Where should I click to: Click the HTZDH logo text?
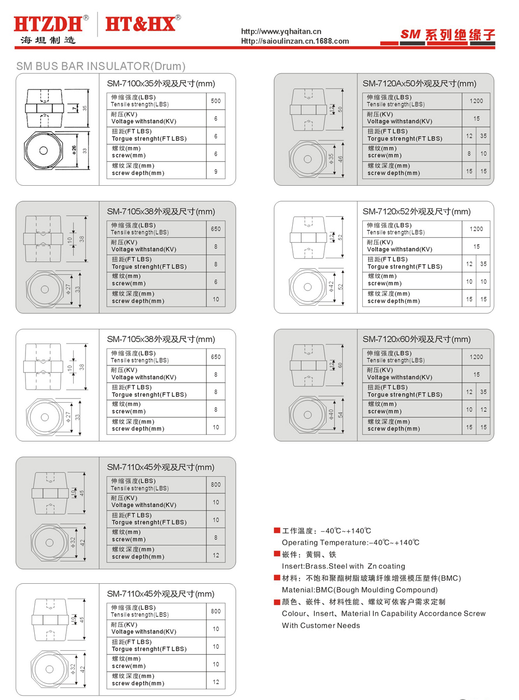[x=48, y=24]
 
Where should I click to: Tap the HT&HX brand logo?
[x=141, y=24]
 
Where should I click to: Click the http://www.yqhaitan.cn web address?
[x=281, y=32]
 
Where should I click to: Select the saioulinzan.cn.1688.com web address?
[x=295, y=42]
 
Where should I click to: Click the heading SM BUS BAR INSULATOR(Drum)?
[x=101, y=66]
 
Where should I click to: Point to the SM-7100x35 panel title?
[x=161, y=84]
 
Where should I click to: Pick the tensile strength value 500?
[x=216, y=101]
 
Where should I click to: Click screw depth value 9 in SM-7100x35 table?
[x=216, y=172]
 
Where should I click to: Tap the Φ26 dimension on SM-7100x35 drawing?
[x=74, y=150]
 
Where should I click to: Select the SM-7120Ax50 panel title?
[x=419, y=84]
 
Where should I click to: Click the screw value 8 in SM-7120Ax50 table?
[x=469, y=154]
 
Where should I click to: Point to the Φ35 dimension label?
[x=331, y=159]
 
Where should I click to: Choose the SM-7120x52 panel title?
[x=417, y=212]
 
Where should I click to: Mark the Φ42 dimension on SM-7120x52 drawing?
[x=331, y=286]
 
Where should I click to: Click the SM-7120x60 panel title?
[x=417, y=339]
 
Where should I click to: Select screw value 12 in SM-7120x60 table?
[x=484, y=409]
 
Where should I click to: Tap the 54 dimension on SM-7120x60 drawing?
[x=341, y=415]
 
